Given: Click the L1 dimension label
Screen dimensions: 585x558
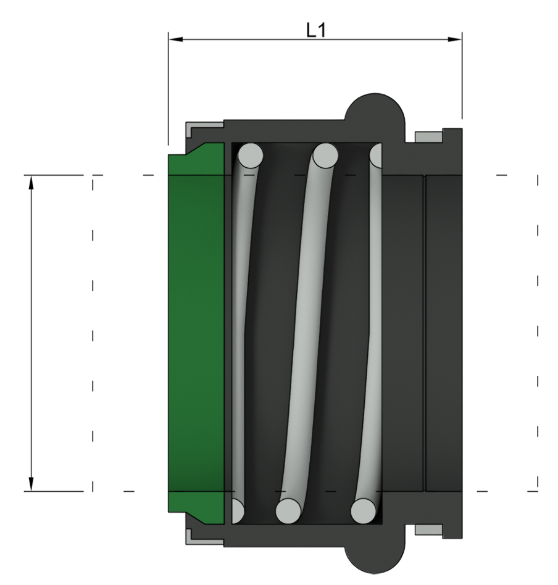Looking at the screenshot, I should tap(315, 31).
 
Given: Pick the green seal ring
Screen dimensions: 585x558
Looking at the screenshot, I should tap(196, 333).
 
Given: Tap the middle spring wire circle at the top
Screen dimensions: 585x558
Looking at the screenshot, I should tap(325, 155).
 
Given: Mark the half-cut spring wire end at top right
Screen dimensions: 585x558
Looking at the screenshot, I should tap(376, 156).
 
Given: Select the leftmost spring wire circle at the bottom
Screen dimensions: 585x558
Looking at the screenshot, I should tap(236, 510).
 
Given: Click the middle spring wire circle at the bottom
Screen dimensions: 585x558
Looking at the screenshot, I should tap(288, 510).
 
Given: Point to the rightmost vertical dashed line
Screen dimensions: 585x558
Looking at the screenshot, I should tap(538, 333).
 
